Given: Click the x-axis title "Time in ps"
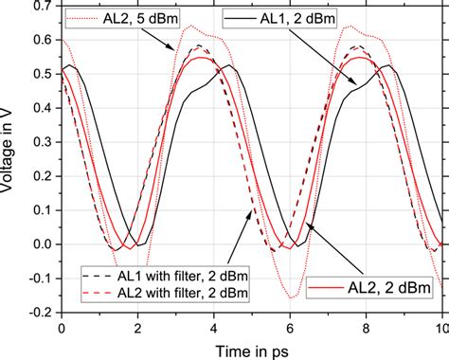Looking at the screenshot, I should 251,349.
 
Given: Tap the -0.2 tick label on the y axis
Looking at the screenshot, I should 36,310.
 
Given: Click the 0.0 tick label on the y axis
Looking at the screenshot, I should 39,244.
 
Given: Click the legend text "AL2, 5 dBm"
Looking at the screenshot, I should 139,18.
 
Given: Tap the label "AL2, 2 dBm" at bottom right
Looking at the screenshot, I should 388,286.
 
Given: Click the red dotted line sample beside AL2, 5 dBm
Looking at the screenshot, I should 82,18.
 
